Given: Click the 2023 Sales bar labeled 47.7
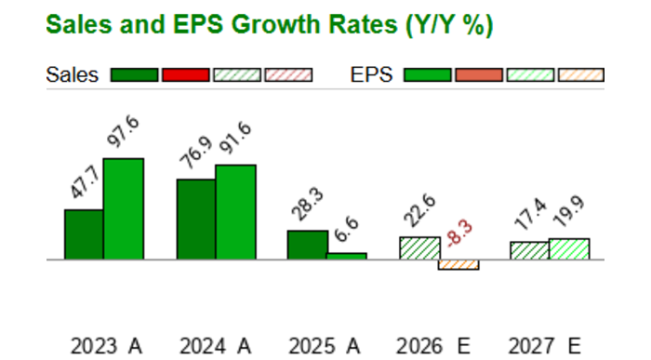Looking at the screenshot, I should [x=84, y=234].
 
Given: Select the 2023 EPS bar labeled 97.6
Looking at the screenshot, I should [x=123, y=209].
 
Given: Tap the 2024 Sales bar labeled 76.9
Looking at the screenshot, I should [x=196, y=220].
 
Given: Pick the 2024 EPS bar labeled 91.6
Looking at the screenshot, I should [x=235, y=212].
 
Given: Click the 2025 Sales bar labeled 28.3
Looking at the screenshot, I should [x=307, y=245].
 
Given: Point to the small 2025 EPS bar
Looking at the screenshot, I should [x=346, y=256].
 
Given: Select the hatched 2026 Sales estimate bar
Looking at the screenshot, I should [x=419, y=248].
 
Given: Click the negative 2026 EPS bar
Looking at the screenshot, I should [x=458, y=265].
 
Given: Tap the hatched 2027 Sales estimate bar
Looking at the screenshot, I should [x=529, y=250].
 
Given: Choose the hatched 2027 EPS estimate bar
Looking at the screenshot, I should [x=569, y=249].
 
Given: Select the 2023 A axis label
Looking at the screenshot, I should [x=106, y=346].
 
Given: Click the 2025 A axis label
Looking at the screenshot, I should [x=326, y=346].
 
